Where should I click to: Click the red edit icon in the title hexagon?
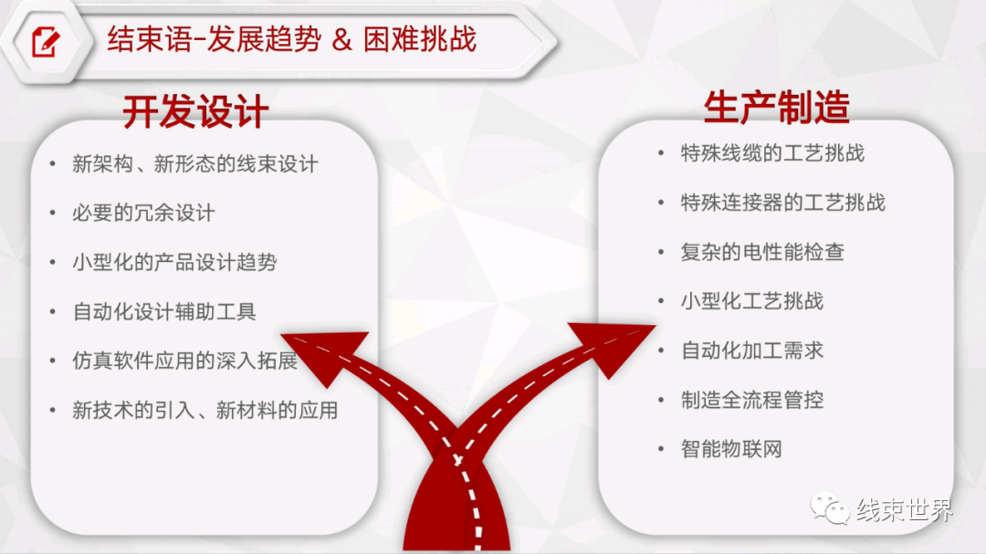(46, 41)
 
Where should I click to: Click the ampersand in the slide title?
(341, 40)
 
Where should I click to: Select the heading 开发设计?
(195, 112)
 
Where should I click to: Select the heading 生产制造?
(777, 107)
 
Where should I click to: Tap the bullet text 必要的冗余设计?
(143, 214)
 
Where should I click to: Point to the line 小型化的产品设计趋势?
(174, 262)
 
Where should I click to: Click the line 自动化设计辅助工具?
(164, 312)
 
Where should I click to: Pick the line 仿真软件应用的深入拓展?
(184, 361)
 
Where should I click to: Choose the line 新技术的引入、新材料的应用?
(205, 411)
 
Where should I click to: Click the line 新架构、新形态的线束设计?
(195, 164)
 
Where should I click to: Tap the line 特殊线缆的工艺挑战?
(772, 152)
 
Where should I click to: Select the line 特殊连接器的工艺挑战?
(783, 203)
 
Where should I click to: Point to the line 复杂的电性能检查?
(762, 252)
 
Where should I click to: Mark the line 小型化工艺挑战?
(752, 301)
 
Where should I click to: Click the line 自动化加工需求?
(752, 350)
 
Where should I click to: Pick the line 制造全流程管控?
(752, 400)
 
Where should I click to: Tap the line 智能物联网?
(731, 449)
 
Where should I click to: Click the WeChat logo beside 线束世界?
(830, 508)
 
